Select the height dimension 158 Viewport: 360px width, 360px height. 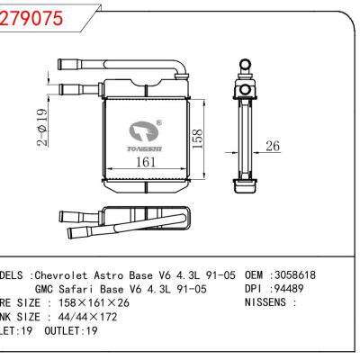(x=206, y=138)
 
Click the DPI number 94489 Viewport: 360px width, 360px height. (x=292, y=289)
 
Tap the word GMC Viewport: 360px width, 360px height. (x=46, y=289)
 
